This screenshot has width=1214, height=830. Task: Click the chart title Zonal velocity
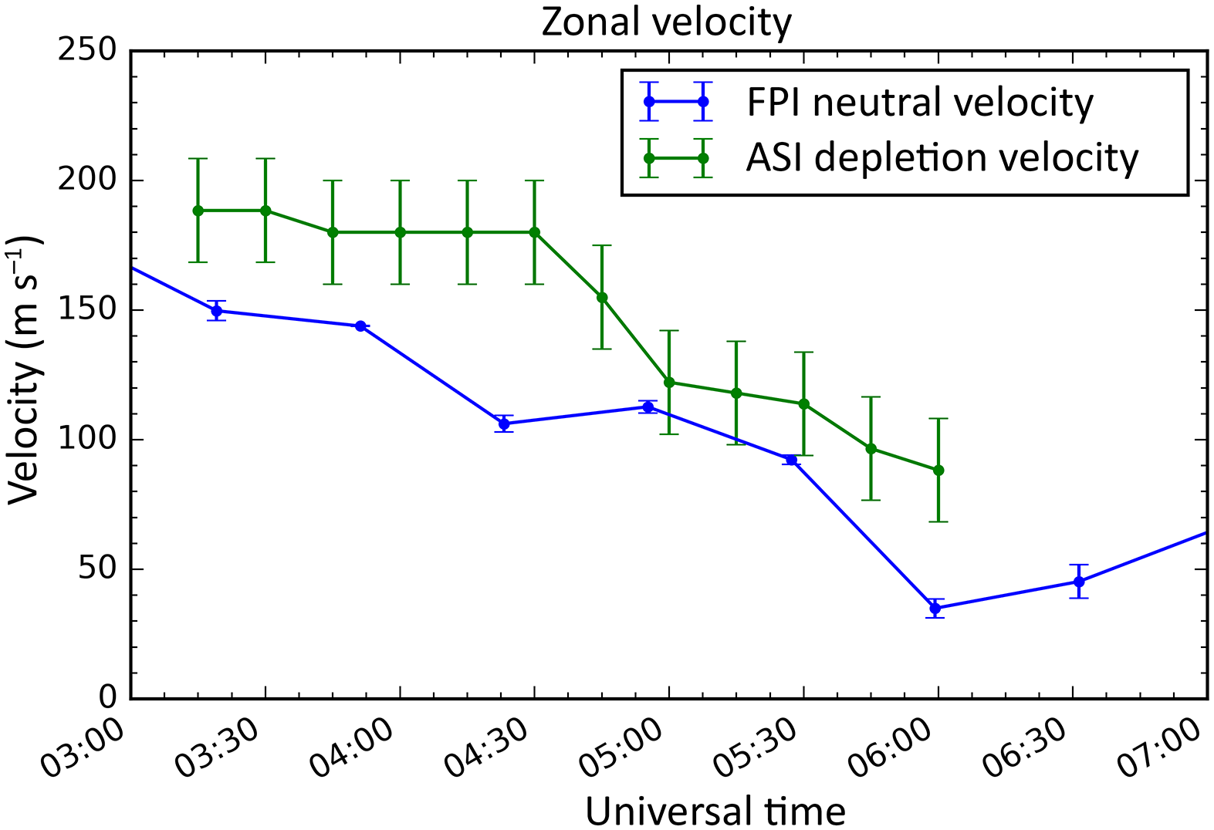point(666,22)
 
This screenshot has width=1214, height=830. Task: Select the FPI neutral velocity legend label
point(919,102)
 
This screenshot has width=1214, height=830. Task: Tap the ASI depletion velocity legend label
point(942,158)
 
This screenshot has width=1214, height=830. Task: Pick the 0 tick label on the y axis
point(107,698)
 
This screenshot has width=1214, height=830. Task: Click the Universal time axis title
point(715,811)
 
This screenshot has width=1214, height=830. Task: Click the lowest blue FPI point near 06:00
point(935,608)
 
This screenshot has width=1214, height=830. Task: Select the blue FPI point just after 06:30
point(1079,582)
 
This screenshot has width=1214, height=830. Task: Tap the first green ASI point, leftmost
point(198,211)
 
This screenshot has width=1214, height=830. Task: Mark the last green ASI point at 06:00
point(938,470)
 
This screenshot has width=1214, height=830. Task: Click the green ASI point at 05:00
point(669,383)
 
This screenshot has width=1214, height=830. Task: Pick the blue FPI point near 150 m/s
point(217,311)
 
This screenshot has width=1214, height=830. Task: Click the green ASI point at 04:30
point(535,232)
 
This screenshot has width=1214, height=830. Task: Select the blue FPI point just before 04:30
point(505,423)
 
